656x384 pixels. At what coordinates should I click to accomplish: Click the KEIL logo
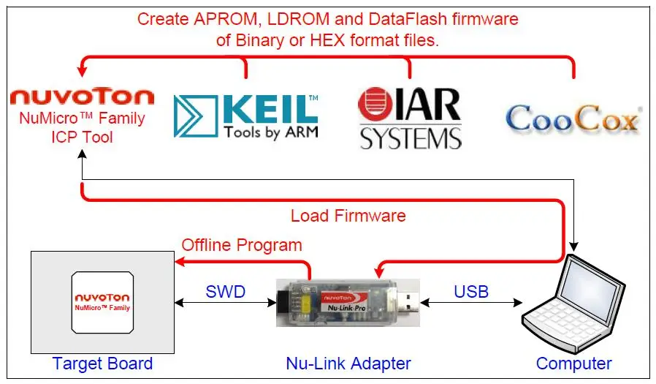(245, 116)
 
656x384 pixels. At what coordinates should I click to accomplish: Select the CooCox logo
(573, 118)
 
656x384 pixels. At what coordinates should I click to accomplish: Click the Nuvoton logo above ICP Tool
(82, 97)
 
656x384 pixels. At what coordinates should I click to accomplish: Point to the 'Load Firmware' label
(348, 216)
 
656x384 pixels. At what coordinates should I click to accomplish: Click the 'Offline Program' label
(242, 245)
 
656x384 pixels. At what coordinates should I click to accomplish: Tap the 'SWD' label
(225, 293)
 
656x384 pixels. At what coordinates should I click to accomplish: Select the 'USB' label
(471, 293)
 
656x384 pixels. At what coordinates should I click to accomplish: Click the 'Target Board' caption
(102, 364)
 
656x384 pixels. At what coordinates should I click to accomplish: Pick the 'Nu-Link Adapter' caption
(348, 364)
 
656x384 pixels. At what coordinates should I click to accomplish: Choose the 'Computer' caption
(573, 364)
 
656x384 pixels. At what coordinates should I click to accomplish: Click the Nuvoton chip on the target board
(102, 302)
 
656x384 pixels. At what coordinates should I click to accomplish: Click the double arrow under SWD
(225, 302)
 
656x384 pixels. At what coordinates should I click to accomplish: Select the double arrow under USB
(471, 302)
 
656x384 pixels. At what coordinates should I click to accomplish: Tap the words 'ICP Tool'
(82, 136)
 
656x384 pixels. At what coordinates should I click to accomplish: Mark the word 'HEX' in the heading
(329, 40)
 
